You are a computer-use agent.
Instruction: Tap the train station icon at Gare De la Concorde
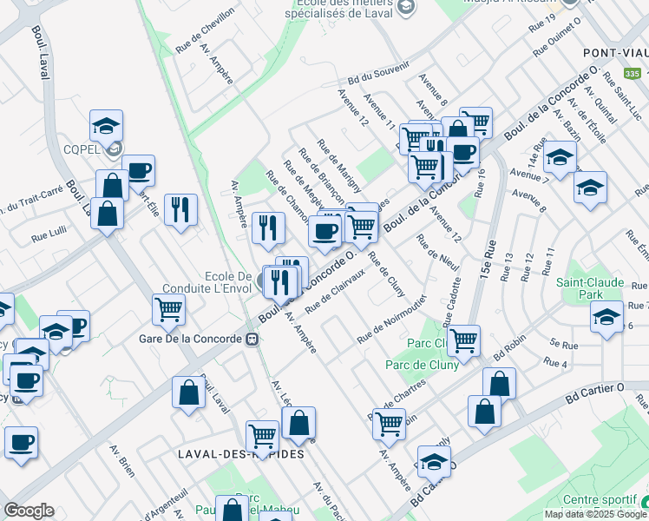pos(252,339)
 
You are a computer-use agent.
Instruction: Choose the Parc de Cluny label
pos(423,365)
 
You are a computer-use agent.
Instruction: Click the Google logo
pos(29,511)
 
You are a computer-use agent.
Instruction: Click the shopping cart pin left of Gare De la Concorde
pos(168,309)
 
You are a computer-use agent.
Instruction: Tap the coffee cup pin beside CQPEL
pos(138,170)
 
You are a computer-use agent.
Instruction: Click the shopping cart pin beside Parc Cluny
pos(464,340)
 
